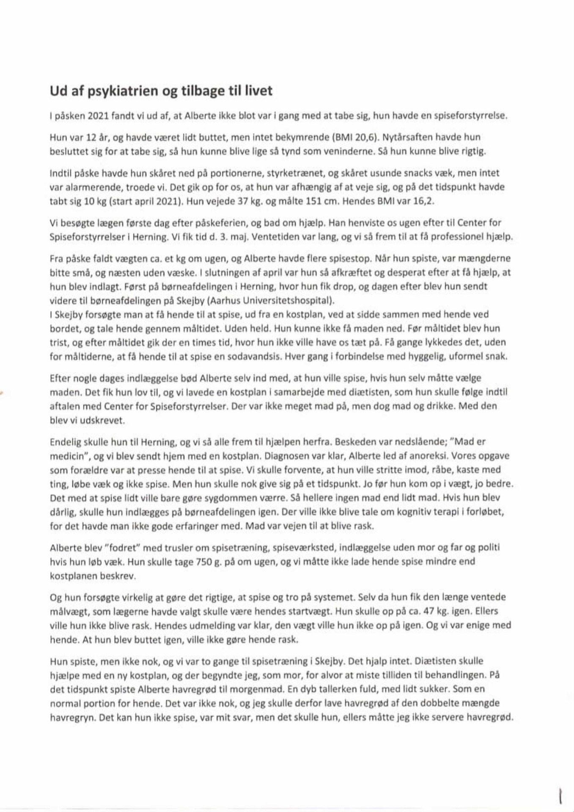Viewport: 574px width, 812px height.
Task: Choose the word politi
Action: [x=489, y=548]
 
